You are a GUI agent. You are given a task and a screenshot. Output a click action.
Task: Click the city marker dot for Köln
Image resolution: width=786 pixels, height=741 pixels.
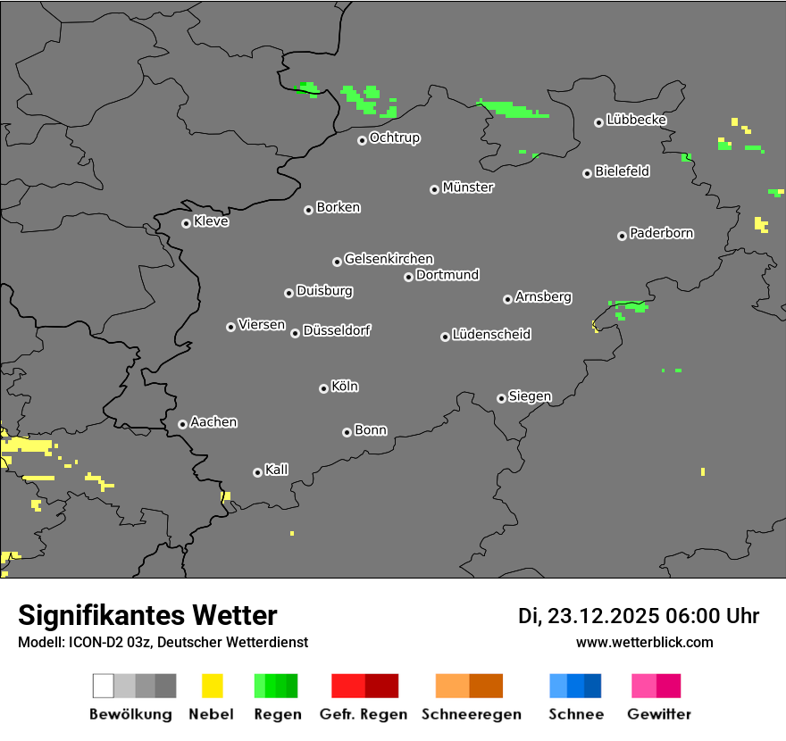323,388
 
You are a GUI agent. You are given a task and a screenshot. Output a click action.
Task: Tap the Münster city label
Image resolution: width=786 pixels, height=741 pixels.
468,187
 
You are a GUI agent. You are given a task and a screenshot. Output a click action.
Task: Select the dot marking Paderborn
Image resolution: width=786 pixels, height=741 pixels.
622,236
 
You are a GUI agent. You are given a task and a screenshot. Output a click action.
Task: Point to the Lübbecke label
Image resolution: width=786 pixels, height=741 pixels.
636,120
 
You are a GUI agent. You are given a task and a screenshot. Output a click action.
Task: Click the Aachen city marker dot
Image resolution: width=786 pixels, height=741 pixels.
182,424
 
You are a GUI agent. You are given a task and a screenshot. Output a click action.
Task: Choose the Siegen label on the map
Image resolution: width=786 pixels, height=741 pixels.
530,396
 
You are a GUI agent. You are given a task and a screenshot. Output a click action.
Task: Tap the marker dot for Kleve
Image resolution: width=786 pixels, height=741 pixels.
186,223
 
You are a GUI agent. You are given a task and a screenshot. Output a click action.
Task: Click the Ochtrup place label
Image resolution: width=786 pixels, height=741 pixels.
395,138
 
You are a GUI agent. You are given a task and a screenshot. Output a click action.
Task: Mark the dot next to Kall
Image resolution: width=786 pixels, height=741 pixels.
257,472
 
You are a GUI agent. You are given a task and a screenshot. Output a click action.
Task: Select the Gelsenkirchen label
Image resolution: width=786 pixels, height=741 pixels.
389,259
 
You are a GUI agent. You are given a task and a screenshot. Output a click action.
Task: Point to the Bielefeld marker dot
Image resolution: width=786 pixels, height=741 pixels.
587,173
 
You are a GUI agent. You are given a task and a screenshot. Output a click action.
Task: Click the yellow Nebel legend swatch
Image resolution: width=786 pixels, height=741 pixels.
212,686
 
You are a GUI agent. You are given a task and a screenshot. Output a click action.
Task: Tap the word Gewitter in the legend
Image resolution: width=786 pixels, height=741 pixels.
659,714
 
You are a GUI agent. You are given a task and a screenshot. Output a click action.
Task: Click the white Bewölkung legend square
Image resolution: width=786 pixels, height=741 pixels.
104,686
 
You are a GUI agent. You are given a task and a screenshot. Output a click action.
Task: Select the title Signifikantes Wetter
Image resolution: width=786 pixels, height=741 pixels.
147,616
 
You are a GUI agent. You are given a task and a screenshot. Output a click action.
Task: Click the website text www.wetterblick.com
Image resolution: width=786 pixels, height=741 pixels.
645,642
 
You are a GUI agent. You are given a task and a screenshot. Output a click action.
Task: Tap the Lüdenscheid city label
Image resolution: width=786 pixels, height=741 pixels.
491,335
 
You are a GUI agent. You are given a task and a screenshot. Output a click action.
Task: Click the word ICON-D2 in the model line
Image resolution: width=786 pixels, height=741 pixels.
88,643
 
